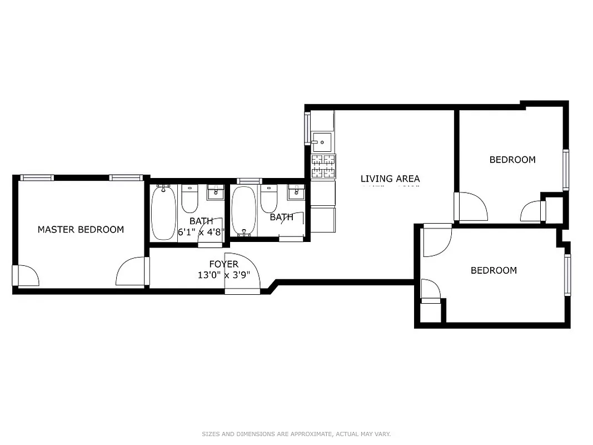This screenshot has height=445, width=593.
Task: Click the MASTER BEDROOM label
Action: [x=81, y=229]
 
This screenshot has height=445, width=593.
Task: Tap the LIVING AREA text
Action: [x=390, y=179]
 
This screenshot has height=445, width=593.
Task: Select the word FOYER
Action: [x=223, y=264]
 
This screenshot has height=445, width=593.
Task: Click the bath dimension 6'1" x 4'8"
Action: [x=201, y=232]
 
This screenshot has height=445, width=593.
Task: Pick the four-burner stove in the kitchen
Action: [x=323, y=166]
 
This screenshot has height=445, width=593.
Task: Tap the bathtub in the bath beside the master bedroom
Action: [x=163, y=214]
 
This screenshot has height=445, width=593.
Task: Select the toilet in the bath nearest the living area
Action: [x=269, y=198]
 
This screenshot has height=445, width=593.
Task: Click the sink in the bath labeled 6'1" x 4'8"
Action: [x=215, y=192]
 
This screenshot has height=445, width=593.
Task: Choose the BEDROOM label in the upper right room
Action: [x=512, y=160]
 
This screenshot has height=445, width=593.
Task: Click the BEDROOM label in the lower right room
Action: [x=494, y=270]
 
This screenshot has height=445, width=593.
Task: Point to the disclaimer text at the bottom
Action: [x=296, y=434]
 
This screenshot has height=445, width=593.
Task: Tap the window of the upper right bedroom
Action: [x=566, y=170]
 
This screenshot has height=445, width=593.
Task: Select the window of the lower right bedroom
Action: [x=567, y=274]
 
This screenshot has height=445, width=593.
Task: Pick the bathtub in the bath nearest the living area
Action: [x=243, y=211]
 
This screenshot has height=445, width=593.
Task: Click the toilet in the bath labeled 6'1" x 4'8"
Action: [x=190, y=199]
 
